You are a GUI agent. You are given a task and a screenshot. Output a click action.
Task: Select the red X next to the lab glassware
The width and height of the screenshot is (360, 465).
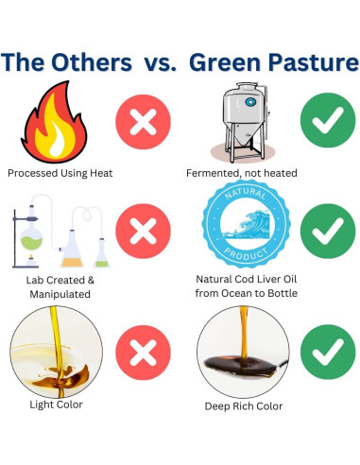(143, 231)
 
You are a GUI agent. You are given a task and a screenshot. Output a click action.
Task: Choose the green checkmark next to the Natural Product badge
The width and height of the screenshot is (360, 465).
(326, 231)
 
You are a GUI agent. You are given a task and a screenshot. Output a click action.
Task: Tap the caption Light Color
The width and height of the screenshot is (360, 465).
(57, 405)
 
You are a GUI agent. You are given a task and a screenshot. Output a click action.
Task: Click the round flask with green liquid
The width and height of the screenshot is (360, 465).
(30, 232)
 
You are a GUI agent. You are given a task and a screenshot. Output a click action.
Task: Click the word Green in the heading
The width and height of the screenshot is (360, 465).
(225, 63)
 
